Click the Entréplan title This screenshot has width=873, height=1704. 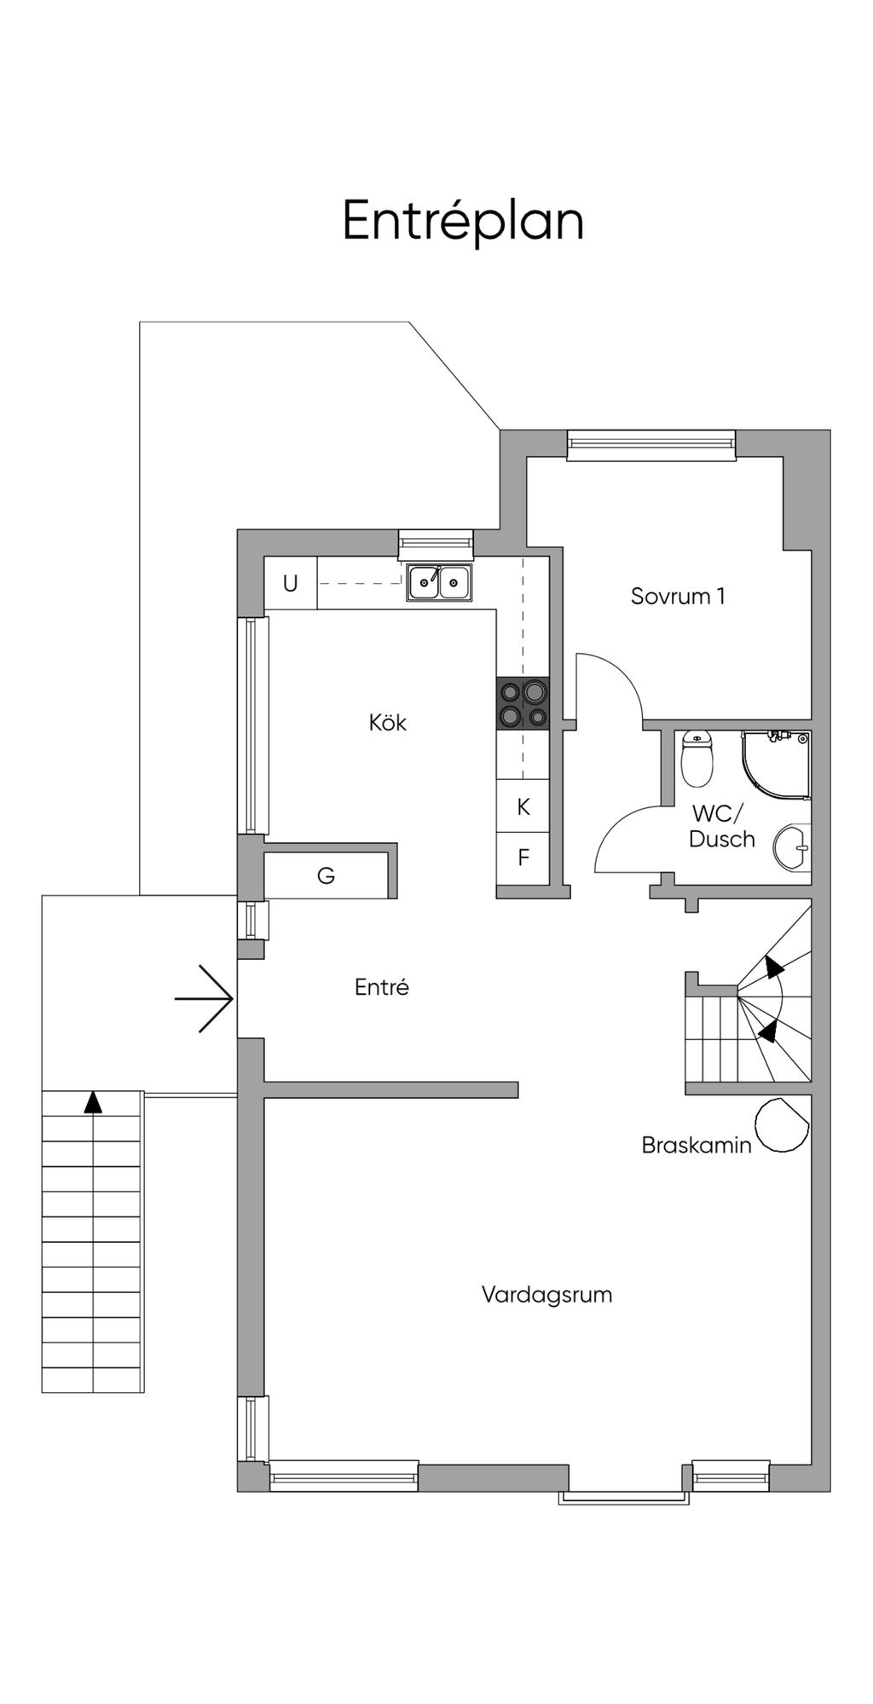coord(463,221)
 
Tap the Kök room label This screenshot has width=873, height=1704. coord(388,723)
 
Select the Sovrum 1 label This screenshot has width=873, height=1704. coord(678,596)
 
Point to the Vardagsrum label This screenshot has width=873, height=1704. coord(546,1295)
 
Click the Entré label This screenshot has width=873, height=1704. coord(382,987)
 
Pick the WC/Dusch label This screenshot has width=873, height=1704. coord(721,826)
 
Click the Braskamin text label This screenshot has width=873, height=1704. coord(696,1145)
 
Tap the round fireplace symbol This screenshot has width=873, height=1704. coord(782,1126)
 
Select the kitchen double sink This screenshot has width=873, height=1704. coord(439,583)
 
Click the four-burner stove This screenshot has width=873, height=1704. coord(523,703)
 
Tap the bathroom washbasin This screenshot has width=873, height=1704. coord(794,847)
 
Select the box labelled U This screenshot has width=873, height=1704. coord(291,583)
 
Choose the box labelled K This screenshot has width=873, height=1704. coord(523,806)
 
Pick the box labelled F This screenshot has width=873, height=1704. coord(523,858)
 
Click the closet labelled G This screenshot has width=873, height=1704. coord(327,875)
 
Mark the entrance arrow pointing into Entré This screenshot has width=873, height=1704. coord(205,998)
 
